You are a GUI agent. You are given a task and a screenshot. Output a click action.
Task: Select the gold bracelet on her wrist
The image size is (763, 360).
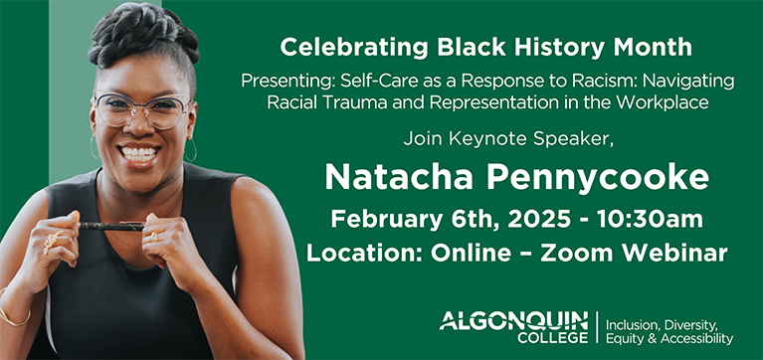[14, 317]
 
